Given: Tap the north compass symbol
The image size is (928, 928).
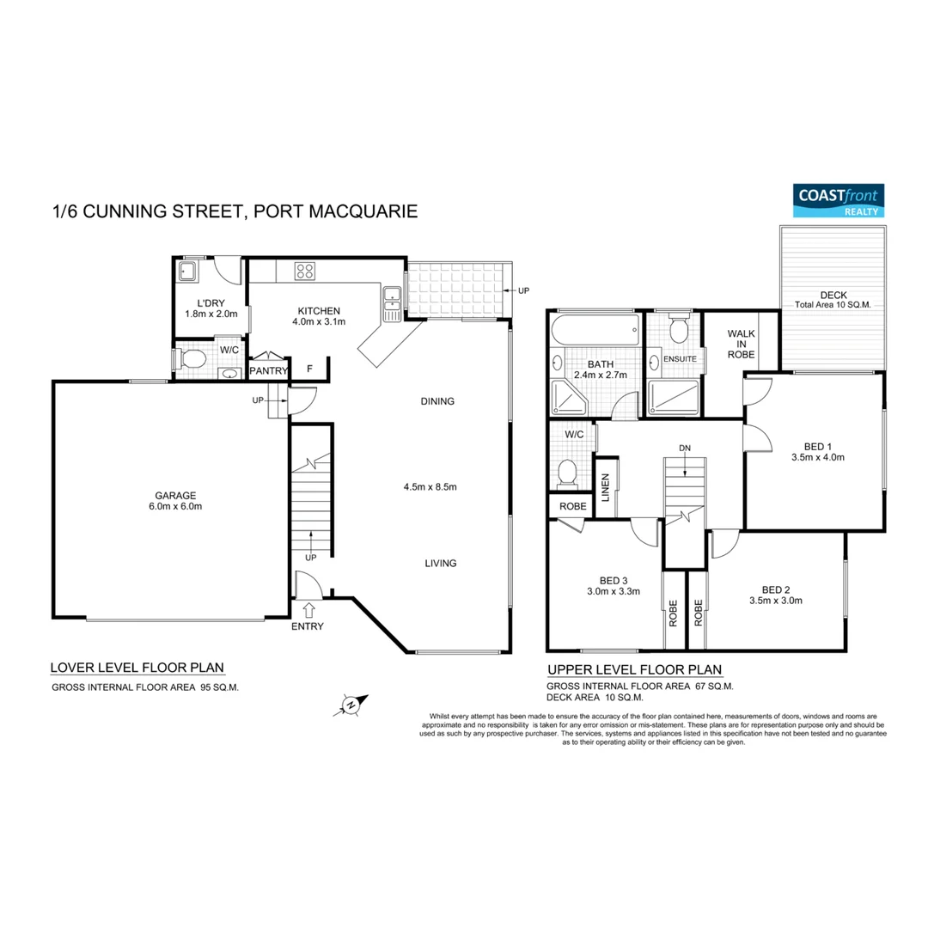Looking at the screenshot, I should coord(351,705).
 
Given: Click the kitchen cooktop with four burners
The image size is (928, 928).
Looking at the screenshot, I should coord(304,271).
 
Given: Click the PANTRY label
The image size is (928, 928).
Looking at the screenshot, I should coord(268,371).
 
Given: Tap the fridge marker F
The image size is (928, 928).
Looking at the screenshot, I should coord(309,370).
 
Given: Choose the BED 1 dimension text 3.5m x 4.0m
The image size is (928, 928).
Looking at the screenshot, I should coord(817,457).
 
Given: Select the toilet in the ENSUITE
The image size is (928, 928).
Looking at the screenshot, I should coord(679,329).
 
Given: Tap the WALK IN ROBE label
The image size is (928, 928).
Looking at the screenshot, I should coord(741,343).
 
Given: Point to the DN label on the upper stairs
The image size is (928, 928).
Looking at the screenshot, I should coord(684,448).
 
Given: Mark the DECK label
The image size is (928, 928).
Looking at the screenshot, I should coord(833,293).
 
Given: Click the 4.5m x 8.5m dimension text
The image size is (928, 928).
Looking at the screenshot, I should coord(429,487).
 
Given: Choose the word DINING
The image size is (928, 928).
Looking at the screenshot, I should coord(437,401).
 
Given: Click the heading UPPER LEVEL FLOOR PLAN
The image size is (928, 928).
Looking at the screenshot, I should coord(634,670).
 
